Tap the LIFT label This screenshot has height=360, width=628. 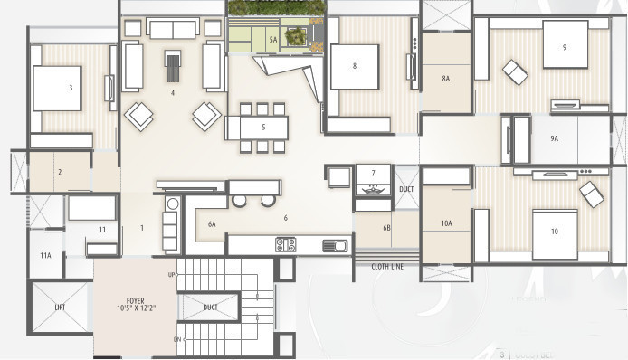coord(60,308)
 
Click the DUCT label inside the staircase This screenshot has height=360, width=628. coord(210,308)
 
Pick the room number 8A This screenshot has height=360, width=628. coord(445,80)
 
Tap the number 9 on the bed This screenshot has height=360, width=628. coord(564,47)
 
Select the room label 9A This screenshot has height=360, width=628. coord(554,138)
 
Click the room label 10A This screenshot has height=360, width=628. coord(445,223)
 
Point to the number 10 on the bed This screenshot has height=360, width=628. coord(553,232)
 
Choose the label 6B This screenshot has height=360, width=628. coord(385,228)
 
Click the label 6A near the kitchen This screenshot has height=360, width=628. coord(213,223)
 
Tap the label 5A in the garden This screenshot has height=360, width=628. coord(271,40)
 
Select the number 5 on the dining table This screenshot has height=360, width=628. coord(263,127)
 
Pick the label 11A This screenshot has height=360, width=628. coord(45,256)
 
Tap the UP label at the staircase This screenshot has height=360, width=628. coord(172,274)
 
